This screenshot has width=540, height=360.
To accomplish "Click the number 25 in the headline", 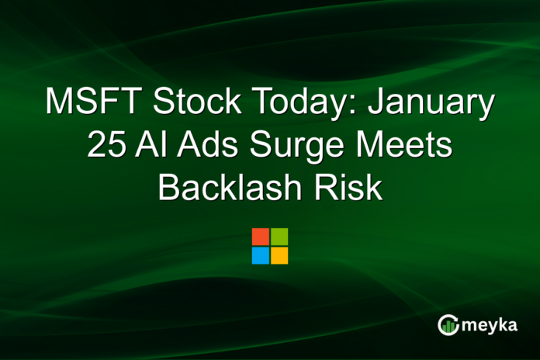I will click(104, 146).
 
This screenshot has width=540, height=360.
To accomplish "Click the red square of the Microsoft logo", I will click(261, 237).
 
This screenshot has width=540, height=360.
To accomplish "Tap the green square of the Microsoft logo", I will click(279, 237).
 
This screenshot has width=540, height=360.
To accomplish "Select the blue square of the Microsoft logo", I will click(261, 255).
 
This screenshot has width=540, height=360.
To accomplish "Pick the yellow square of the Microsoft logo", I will click(279, 255).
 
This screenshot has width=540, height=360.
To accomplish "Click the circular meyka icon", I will click(448, 325).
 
